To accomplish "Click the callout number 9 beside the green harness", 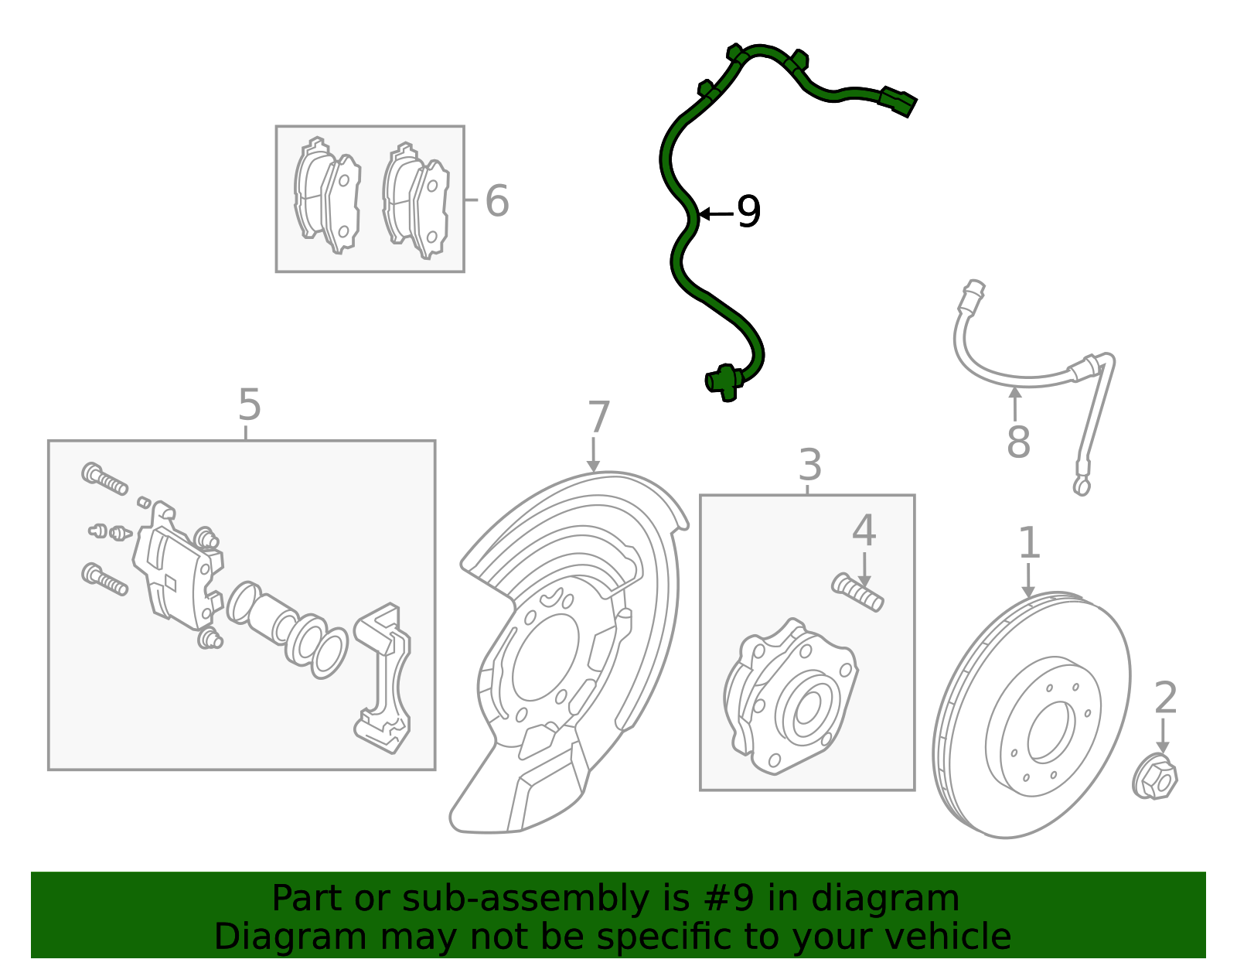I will coord(748,212).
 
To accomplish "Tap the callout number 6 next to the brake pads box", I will coord(496,201).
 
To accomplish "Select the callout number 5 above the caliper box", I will coord(249,404).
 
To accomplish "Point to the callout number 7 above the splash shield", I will coord(598,418).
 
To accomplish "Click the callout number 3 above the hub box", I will coord(809,466).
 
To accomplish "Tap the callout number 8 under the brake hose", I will coord(1018,442).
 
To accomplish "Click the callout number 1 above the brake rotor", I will coord(1028,543).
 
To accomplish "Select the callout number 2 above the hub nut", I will coord(1164,698).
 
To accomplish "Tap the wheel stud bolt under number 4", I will coord(858,592).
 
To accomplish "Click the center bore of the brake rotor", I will coord(1051,732).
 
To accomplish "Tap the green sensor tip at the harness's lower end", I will coord(724,381).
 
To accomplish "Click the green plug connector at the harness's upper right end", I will coord(898,101).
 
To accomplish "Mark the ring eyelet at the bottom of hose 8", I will coord(1081,486).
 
